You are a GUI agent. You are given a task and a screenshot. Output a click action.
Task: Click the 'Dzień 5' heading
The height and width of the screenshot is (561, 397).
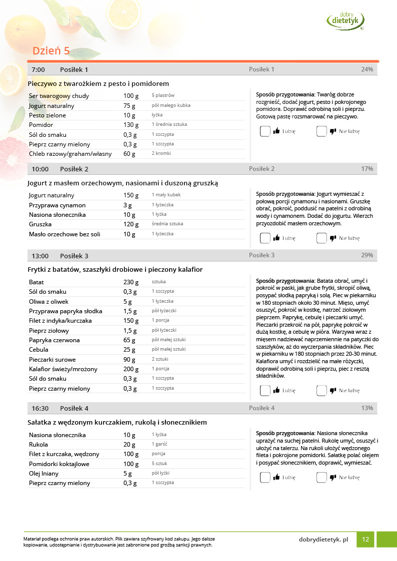pyautogui.click(x=51, y=51)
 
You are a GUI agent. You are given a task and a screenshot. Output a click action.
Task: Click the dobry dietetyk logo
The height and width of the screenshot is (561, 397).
pyautogui.click(x=345, y=20)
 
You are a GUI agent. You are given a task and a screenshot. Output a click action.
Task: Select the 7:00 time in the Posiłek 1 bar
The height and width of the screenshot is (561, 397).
pyautogui.click(x=38, y=69)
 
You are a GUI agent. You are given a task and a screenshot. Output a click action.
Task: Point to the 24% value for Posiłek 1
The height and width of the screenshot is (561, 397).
pyautogui.click(x=367, y=69)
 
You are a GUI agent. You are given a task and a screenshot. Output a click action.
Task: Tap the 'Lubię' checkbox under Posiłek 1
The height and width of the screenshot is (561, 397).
pyautogui.click(x=265, y=131)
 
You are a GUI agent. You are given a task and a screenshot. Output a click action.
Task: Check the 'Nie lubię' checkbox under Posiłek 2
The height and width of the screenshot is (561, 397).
pyautogui.click(x=321, y=238)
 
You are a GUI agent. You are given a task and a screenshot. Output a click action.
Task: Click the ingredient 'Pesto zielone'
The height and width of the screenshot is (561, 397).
pyautogui.click(x=47, y=115)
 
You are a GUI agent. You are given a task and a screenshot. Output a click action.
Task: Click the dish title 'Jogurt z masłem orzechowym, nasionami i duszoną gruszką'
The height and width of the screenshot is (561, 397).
pyautogui.click(x=122, y=183)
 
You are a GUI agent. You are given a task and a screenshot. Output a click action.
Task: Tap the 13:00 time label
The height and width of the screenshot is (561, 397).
pyautogui.click(x=40, y=256)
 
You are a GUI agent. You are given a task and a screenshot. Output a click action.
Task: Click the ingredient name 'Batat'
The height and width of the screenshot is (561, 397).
pyautogui.click(x=36, y=282)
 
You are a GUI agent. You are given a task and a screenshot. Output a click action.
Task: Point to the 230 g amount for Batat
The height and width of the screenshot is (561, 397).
pyautogui.click(x=131, y=282)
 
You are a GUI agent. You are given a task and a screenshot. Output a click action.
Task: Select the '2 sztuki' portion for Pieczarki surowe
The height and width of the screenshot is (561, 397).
pyautogui.click(x=160, y=359)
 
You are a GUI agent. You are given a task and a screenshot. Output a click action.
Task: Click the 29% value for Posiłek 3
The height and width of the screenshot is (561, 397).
pyautogui.click(x=367, y=255)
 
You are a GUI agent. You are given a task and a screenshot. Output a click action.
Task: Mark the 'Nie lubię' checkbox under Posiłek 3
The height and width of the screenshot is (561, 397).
pyautogui.click(x=321, y=390)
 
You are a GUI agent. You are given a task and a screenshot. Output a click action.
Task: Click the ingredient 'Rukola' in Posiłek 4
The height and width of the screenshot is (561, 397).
pyautogui.click(x=38, y=445)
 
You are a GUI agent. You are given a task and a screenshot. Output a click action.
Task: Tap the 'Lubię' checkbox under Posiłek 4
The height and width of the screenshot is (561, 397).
pyautogui.click(x=265, y=477)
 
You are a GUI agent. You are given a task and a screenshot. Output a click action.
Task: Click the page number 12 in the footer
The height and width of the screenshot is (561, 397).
pyautogui.click(x=365, y=540)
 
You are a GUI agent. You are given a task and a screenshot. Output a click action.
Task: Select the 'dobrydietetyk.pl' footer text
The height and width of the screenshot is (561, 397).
pyautogui.click(x=323, y=540)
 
